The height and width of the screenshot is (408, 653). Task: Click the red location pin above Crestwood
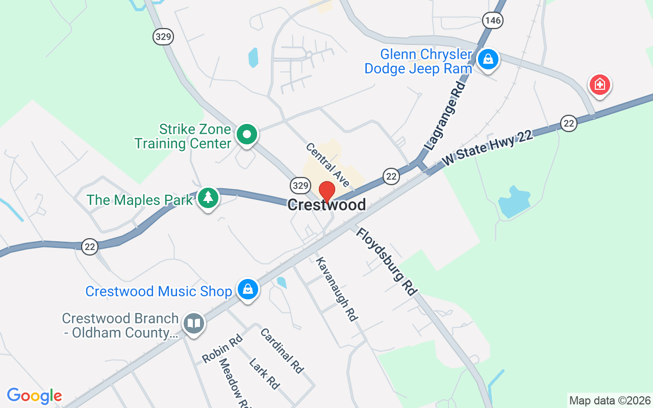point(326,192)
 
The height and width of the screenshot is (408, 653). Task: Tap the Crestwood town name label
point(326,205)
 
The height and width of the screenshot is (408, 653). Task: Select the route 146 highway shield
point(492,20)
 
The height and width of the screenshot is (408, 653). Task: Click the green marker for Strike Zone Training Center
point(247,135)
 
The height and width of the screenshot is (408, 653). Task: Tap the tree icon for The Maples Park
point(208,198)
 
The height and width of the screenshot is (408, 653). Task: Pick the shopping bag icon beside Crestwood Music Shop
point(248,290)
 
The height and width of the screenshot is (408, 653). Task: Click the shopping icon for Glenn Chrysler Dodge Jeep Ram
point(488,60)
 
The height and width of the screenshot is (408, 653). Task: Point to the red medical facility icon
point(600,85)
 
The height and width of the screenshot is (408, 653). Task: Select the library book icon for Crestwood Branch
point(193,323)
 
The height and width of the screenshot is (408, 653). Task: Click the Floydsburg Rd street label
point(386,261)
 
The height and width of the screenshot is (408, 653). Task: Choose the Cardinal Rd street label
point(282,350)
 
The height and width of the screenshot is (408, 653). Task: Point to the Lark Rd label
point(264,374)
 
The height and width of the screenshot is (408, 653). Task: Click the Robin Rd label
point(222,349)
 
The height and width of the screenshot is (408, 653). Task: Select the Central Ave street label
point(328,164)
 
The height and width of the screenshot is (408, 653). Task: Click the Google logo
point(34,396)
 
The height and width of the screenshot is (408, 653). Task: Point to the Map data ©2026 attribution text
point(610,401)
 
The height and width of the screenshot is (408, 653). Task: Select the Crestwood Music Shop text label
point(159,291)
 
